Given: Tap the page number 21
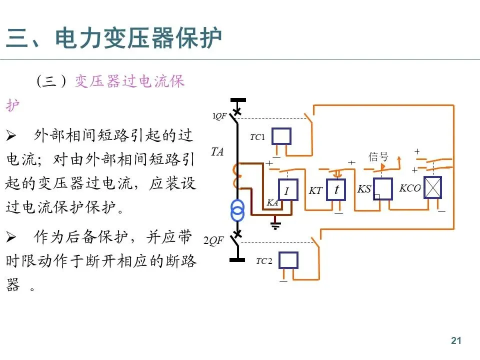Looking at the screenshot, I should click(x=455, y=341).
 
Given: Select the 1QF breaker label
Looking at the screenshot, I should click(x=220, y=116).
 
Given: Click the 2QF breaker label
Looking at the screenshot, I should click(x=213, y=240).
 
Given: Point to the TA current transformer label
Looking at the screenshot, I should click(x=217, y=151).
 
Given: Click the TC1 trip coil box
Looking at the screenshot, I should click(x=281, y=136).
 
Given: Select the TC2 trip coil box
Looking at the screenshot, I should click(x=288, y=260).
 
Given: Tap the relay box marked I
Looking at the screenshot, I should click(x=287, y=190).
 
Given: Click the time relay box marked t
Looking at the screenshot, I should click(x=337, y=190).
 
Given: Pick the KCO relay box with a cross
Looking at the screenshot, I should click(x=433, y=187).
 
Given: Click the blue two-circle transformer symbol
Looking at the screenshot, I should click(x=238, y=210).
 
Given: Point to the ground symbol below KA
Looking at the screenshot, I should click(x=274, y=223).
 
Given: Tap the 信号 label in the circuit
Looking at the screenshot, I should click(x=378, y=156).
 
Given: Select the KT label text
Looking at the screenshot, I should click(x=315, y=190).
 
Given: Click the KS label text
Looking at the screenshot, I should click(x=364, y=189).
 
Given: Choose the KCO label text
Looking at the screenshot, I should click(x=409, y=188).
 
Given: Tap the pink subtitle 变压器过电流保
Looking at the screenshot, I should click(x=129, y=81).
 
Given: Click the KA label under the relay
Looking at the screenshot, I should click(x=272, y=202).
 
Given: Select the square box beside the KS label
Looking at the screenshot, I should click(x=383, y=189).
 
